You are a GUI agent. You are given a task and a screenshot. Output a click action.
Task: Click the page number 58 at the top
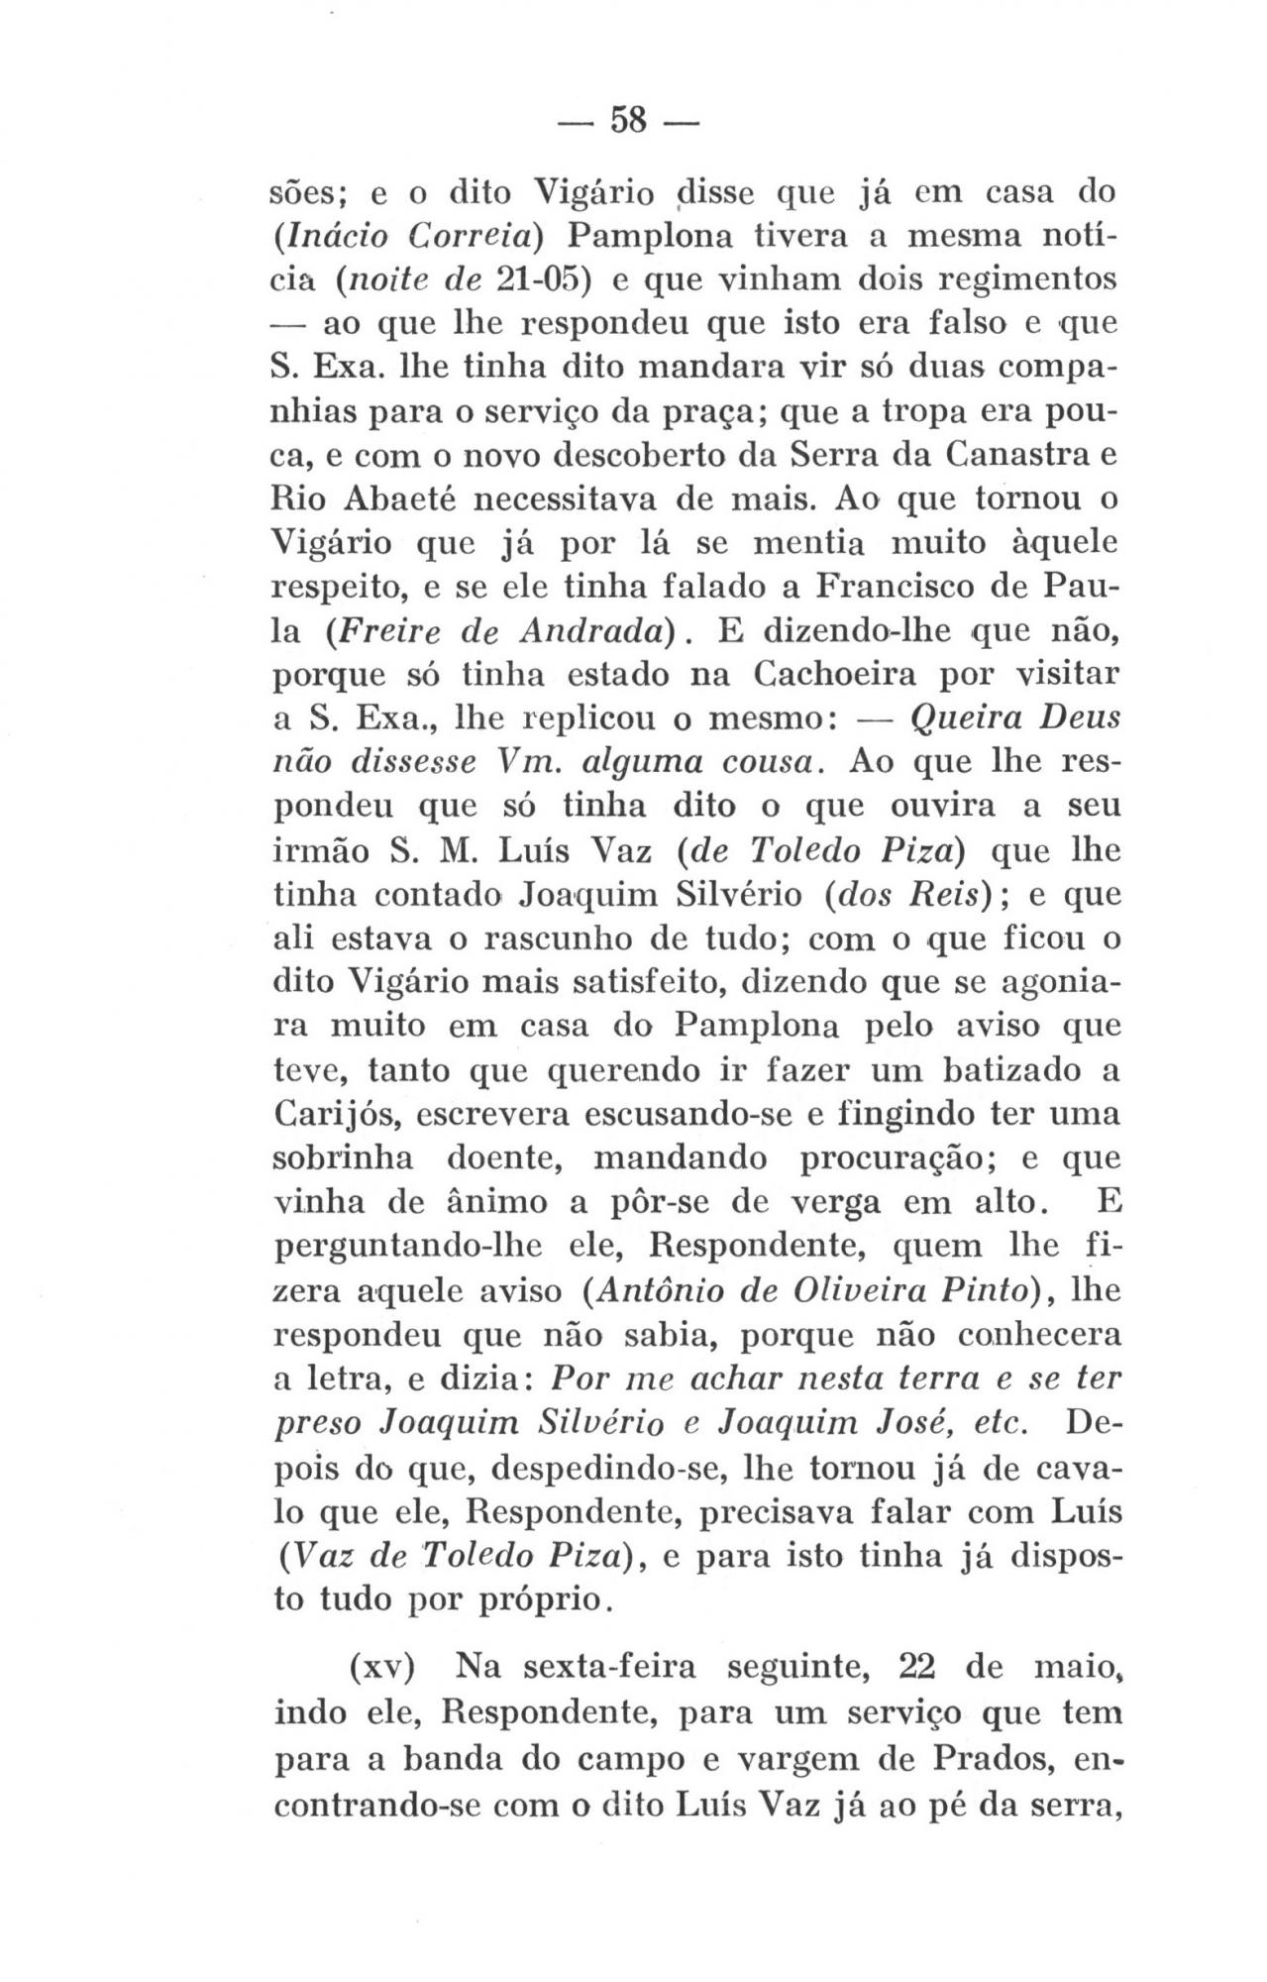tap(628, 120)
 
